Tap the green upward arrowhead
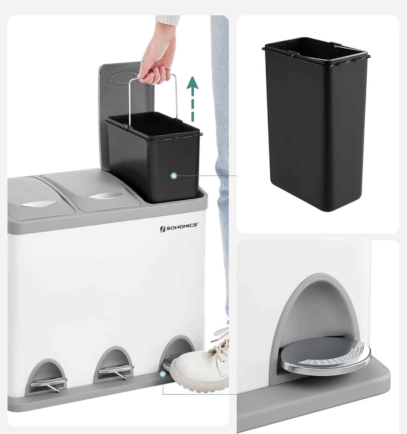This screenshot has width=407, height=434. pyautogui.click(x=192, y=83)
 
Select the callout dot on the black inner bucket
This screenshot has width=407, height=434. pyautogui.click(x=174, y=176)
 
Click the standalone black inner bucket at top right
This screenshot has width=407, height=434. pyautogui.click(x=316, y=124)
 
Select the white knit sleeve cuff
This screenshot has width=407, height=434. pyautogui.click(x=167, y=19)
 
